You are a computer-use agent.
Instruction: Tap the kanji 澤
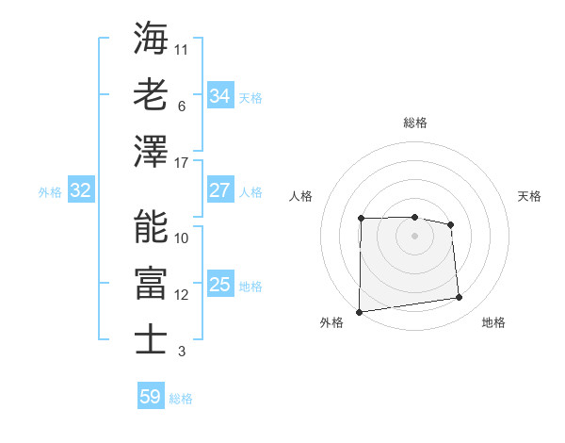click(151, 152)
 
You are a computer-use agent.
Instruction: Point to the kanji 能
click(151, 226)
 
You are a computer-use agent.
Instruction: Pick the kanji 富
click(151, 282)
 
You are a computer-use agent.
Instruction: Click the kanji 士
click(151, 338)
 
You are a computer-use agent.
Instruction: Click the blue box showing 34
click(219, 96)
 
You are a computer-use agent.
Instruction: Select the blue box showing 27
click(219, 190)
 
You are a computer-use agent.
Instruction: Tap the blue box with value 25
click(219, 285)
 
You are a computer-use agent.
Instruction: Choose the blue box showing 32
click(80, 191)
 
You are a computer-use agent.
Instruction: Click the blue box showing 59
click(150, 397)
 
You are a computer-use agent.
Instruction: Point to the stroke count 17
click(182, 163)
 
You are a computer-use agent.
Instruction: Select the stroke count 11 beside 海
click(182, 48)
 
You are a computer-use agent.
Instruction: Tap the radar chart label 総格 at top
click(415, 123)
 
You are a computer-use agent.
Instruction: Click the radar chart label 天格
click(529, 196)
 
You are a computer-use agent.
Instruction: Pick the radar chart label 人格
click(300, 196)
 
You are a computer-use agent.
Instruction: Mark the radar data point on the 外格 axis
click(359, 311)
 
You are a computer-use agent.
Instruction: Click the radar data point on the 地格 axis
click(460, 298)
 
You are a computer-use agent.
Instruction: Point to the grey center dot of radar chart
click(414, 235)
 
